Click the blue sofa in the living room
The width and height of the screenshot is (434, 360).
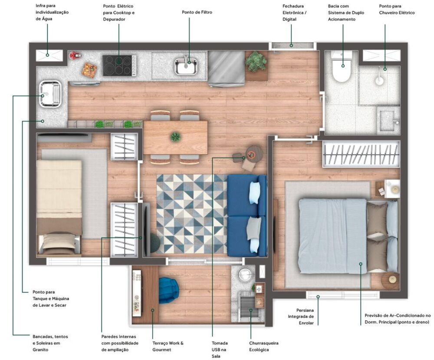(247, 215)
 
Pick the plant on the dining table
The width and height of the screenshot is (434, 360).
(175, 137)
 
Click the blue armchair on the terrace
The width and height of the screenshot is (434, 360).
(169, 290)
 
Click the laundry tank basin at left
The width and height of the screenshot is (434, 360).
(50, 94)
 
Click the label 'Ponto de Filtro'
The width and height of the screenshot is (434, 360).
(197, 13)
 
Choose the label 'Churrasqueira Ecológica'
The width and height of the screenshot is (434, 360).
(263, 346)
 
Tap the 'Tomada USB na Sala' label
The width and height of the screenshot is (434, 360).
(220, 349)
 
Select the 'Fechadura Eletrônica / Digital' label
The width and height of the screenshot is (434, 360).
(294, 13)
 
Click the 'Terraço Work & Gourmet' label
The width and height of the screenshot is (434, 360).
(168, 346)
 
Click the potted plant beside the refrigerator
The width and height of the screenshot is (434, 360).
(256, 62)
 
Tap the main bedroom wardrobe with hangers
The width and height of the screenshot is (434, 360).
(361, 154)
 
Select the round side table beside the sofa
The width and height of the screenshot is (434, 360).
(254, 153)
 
